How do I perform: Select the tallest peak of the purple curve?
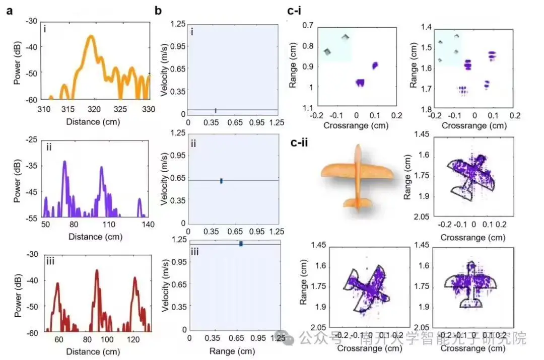pos(64,162)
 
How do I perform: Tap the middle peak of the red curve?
pos(96,271)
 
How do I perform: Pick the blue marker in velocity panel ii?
pos(221,181)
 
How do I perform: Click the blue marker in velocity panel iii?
pos(241,244)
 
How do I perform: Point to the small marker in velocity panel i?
pos(216,110)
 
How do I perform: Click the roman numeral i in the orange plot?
pos(45,29)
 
